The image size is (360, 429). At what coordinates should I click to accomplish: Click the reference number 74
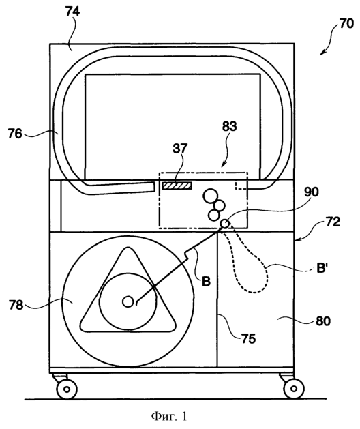pyautogui.click(x=72, y=12)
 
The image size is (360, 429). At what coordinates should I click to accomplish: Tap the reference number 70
pyautogui.click(x=346, y=24)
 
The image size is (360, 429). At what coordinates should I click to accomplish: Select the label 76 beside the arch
pyautogui.click(x=15, y=134)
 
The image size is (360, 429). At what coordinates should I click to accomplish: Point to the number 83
pyautogui.click(x=229, y=126)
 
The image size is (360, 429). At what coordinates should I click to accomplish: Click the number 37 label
pyautogui.click(x=180, y=148)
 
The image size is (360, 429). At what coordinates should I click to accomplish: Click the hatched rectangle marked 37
pyautogui.click(x=177, y=186)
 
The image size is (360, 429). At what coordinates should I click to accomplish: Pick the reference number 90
pyautogui.click(x=312, y=192)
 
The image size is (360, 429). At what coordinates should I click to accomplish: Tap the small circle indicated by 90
pyautogui.click(x=225, y=224)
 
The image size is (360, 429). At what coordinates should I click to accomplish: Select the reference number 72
pyautogui.click(x=333, y=222)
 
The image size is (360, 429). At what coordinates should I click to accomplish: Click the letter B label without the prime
pyautogui.click(x=206, y=281)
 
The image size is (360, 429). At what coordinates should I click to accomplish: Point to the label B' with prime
pyautogui.click(x=322, y=269)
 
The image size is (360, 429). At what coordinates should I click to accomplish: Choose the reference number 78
pyautogui.click(x=16, y=305)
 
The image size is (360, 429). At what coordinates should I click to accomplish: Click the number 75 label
pyautogui.click(x=248, y=339)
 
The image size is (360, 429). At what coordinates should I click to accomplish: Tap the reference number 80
pyautogui.click(x=323, y=321)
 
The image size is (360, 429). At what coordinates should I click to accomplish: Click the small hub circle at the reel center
pyautogui.click(x=127, y=301)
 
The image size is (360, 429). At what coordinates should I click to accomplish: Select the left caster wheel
pyautogui.click(x=66, y=389)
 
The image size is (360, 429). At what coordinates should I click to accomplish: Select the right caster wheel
pyautogui.click(x=294, y=389)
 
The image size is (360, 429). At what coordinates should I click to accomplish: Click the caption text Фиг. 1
pyautogui.click(x=169, y=417)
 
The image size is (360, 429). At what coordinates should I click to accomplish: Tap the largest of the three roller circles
pyautogui.click(x=210, y=196)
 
